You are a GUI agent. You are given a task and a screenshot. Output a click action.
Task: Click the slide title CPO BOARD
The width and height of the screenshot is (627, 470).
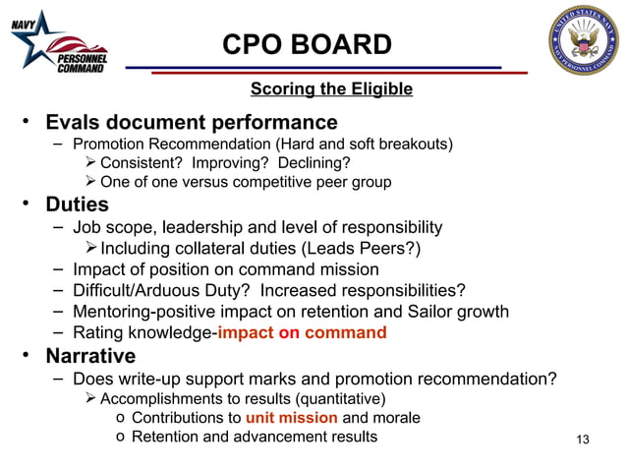point(307,44)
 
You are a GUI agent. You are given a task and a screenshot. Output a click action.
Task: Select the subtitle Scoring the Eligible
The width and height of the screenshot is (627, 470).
point(331,89)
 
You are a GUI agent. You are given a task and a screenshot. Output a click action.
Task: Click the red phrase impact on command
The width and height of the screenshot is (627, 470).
point(303,332)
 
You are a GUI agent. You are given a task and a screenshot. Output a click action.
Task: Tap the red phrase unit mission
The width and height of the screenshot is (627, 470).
point(291,418)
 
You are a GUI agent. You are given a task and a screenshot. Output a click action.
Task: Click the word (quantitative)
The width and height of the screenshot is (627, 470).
point(333,398)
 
